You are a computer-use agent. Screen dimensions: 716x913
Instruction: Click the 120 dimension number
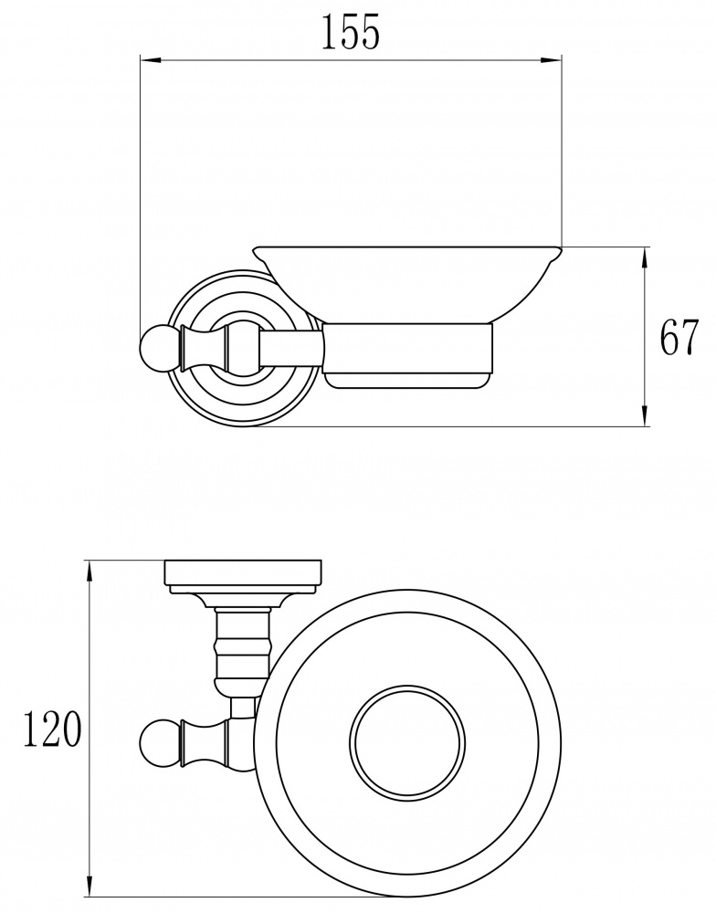click(51, 729)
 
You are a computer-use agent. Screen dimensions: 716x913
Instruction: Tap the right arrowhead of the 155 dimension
click(551, 59)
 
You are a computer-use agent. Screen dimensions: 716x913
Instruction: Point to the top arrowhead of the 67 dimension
click(645, 258)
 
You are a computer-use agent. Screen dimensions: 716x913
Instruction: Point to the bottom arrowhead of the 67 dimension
click(645, 415)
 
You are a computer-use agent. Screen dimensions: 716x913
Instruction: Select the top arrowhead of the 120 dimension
click(89, 571)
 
